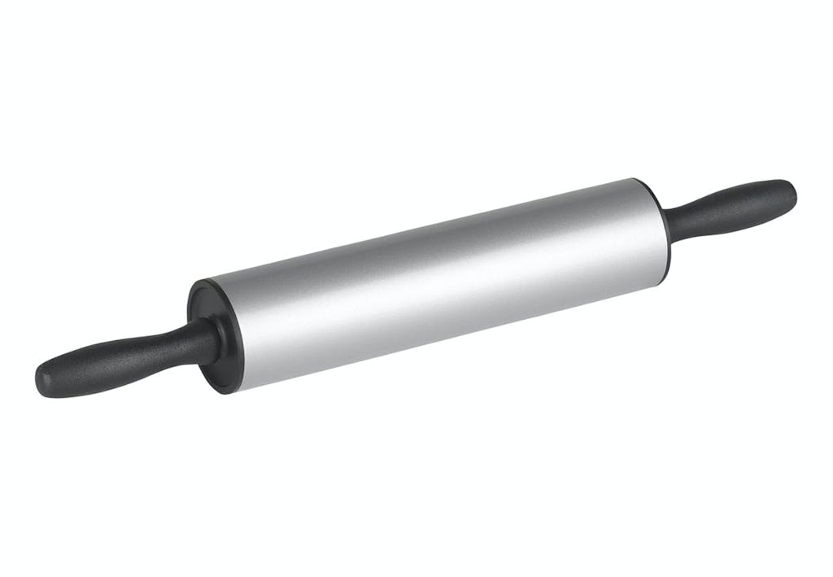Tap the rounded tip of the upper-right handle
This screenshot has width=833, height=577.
[790, 192]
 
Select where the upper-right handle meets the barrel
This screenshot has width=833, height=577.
[670, 228]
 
